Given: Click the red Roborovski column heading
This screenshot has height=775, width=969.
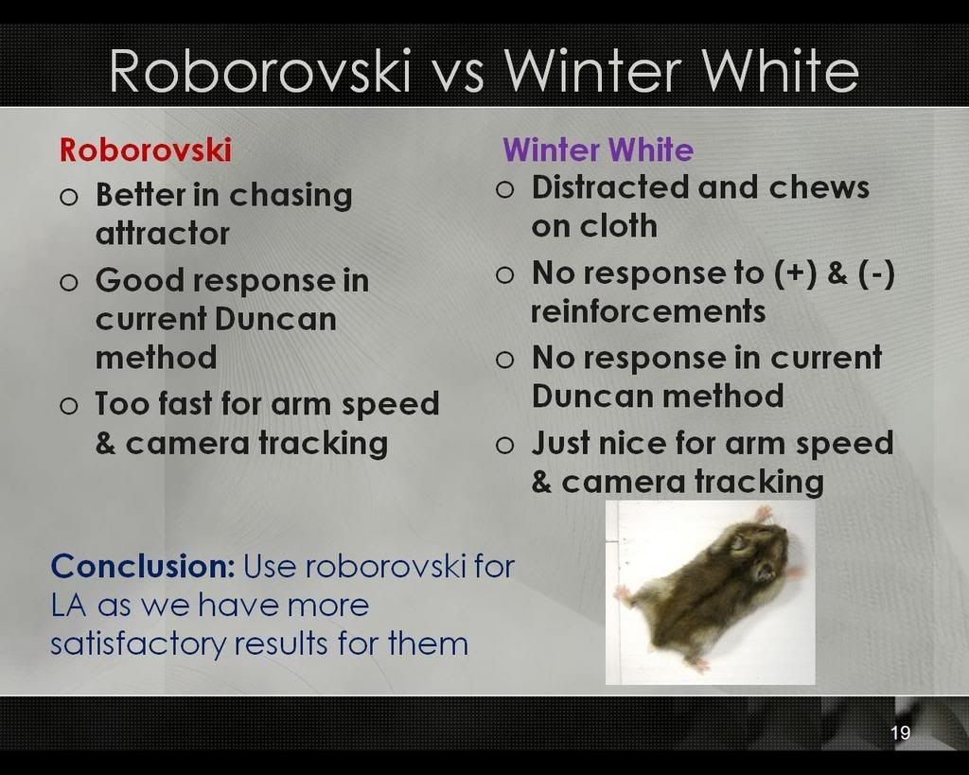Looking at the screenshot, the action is click(x=145, y=150).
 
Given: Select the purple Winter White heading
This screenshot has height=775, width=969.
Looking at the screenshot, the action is click(x=598, y=150).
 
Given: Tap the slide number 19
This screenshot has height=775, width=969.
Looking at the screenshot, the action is click(x=901, y=732).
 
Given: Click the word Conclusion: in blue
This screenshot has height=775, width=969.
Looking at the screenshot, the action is click(x=143, y=566).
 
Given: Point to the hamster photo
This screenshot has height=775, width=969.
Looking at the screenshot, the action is click(x=710, y=592).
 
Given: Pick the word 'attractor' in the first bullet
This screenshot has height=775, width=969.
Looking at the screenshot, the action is click(x=163, y=234).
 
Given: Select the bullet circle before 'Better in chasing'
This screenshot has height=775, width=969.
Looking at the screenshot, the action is click(x=69, y=197).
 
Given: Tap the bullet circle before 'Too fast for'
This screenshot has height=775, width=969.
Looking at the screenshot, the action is click(x=69, y=406).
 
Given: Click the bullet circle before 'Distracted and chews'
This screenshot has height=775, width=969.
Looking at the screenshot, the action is click(x=505, y=189).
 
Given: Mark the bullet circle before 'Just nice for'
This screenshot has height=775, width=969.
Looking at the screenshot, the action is click(x=505, y=445).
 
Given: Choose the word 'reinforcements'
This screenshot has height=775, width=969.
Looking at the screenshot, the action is click(x=648, y=311).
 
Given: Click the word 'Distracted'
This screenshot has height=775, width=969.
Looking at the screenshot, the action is click(x=610, y=187).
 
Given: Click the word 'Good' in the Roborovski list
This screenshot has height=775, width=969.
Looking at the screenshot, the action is click(x=140, y=280).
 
